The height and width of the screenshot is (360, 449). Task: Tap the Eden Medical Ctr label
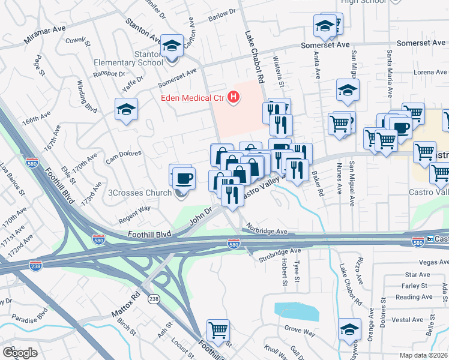192,98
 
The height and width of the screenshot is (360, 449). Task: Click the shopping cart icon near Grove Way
218,329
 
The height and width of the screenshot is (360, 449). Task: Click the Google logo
20,352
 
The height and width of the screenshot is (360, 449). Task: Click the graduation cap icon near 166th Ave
126,110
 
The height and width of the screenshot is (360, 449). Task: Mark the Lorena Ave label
430,72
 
